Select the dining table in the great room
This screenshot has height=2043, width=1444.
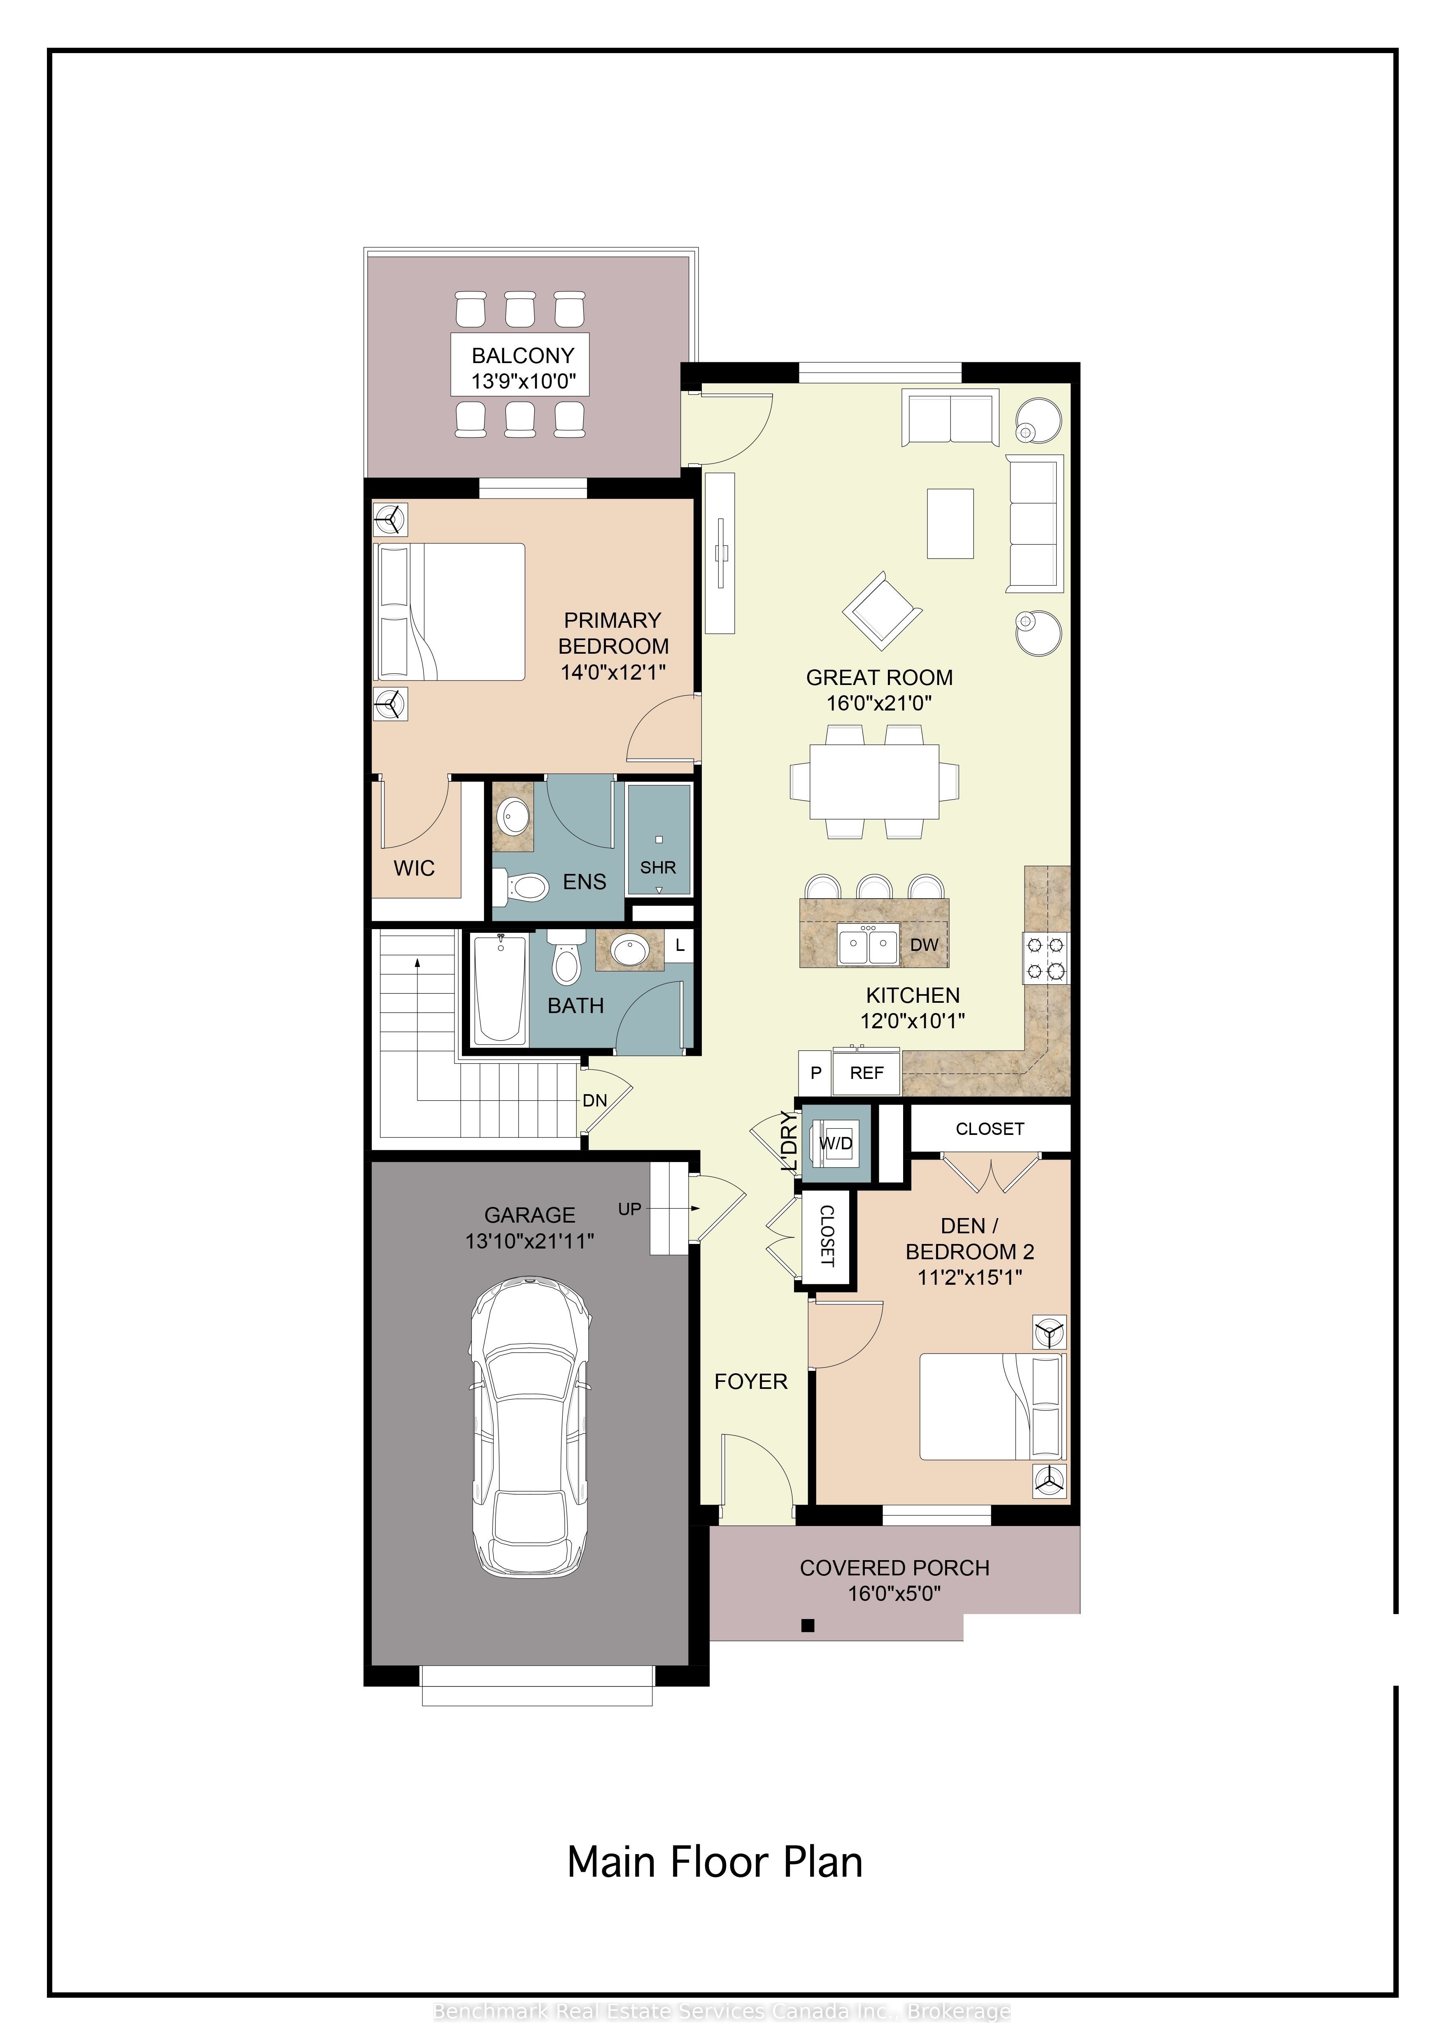pos(875,781)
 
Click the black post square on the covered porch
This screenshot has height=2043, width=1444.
pos(808,1626)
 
